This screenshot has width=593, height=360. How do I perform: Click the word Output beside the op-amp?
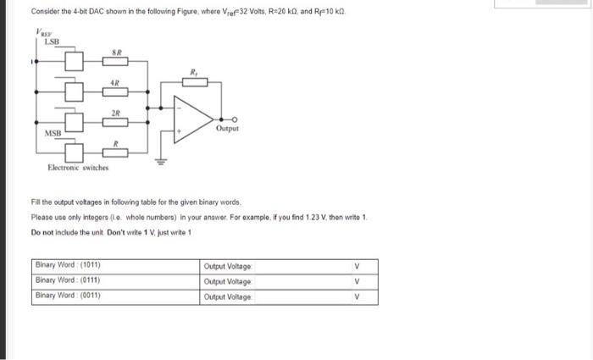[227, 130]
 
